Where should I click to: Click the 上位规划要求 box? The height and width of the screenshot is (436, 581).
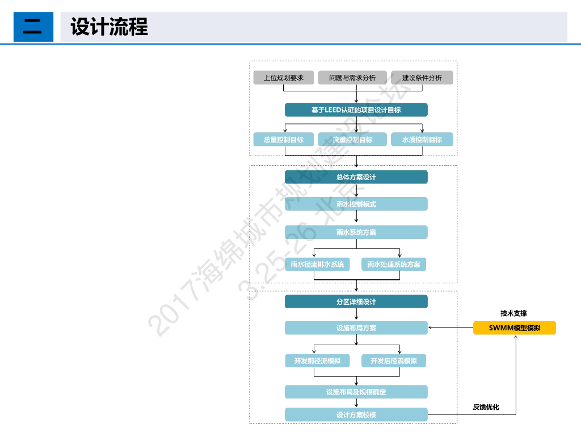[284, 78]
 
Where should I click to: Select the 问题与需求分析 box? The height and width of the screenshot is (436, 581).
[352, 78]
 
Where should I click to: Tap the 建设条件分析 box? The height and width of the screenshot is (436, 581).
[422, 78]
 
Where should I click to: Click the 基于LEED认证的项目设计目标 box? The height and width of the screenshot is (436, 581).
[356, 110]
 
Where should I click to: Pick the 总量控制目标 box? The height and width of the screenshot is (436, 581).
[284, 140]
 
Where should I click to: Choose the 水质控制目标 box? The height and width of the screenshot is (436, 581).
[422, 140]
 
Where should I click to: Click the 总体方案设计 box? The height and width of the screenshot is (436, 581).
[356, 177]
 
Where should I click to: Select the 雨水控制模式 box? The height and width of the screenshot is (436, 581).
[356, 204]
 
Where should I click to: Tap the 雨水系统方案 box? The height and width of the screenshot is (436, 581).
[356, 232]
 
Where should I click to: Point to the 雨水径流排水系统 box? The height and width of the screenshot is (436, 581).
[317, 264]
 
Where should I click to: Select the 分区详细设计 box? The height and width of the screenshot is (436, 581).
[356, 301]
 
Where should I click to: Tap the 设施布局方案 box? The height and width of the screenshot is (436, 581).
[356, 328]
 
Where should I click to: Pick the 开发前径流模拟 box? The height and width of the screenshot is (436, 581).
[317, 360]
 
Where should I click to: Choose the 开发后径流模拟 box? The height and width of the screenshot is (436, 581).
[394, 360]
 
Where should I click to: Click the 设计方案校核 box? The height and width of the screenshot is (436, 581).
[356, 414]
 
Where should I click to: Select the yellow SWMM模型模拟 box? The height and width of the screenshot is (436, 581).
[515, 328]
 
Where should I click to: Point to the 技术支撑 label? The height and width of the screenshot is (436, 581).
[513, 313]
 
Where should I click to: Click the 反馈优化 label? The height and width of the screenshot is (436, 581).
[486, 407]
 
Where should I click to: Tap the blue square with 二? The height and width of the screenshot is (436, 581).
[33, 27]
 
